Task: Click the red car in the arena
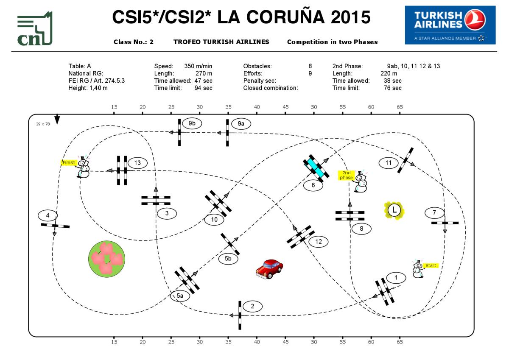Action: (269, 269)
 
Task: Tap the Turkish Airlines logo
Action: (450, 25)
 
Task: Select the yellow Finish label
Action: (69, 162)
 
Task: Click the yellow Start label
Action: (431, 265)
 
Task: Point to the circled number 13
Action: (137, 163)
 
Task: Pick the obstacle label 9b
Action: (192, 123)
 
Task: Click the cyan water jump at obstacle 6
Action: (316, 167)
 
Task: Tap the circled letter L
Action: (394, 210)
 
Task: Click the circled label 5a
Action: (180, 296)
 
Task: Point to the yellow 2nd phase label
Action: (347, 175)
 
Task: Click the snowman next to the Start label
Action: (418, 269)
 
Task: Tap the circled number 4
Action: (48, 215)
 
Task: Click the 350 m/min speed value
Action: (198, 66)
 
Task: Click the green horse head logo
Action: (35, 29)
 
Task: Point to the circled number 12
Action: (319, 242)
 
